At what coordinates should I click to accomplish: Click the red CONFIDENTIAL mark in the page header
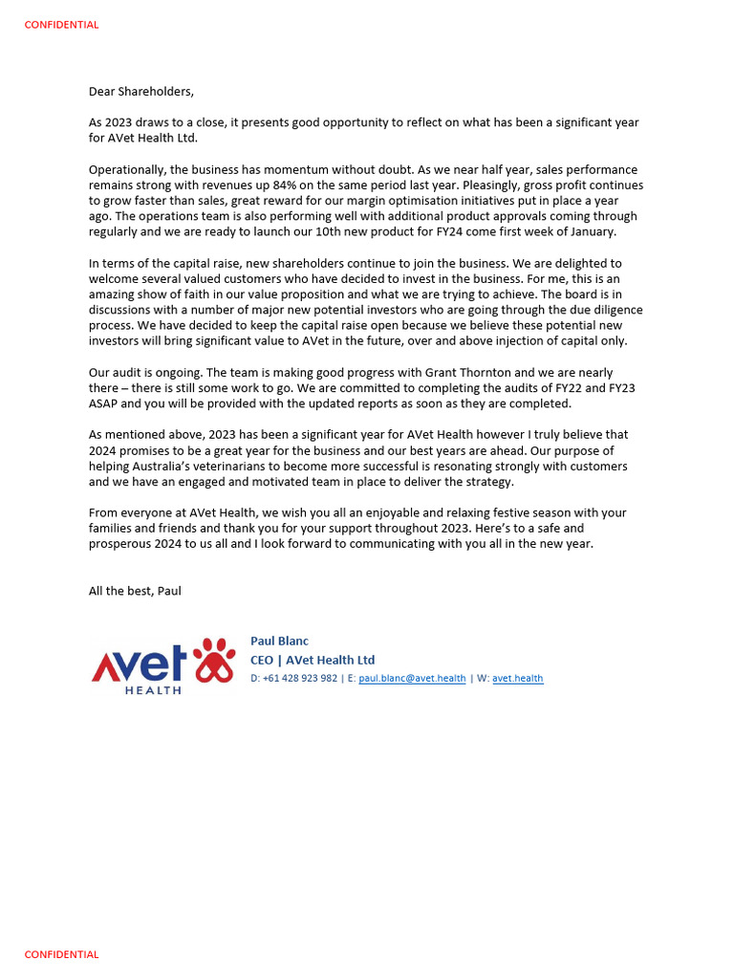(61, 25)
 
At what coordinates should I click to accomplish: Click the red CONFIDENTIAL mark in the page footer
(61, 954)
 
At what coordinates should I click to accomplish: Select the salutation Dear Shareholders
(140, 92)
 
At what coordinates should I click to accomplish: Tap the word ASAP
(104, 403)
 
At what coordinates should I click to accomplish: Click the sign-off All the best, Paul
(135, 591)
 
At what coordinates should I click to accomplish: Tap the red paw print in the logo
(214, 660)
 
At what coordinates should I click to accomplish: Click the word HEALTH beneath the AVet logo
(153, 689)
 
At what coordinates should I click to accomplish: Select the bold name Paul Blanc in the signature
(279, 642)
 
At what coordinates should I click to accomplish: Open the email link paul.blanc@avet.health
(412, 679)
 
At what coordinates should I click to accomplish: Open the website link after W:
(517, 679)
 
